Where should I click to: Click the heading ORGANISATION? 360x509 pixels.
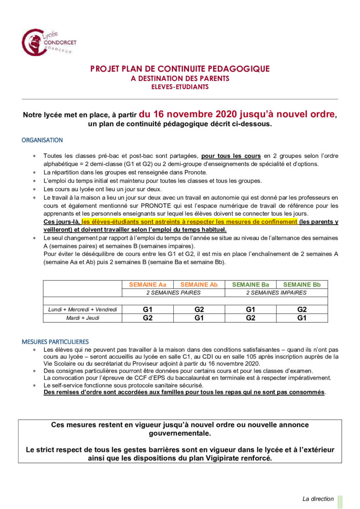coord(42,140)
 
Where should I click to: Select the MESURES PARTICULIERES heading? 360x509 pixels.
coord(55,341)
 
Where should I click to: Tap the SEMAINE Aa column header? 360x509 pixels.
coord(148,284)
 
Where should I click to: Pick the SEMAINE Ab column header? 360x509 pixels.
coord(199,284)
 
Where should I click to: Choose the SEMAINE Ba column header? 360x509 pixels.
coord(250,284)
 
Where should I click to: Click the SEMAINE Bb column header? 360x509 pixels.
coord(302,284)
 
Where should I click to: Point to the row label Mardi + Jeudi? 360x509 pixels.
coord(82,318)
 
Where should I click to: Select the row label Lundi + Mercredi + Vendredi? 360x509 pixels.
coord(82,309)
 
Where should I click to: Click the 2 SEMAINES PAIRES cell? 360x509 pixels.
coord(173,292)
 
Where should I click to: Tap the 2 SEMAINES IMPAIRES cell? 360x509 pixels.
coord(276,292)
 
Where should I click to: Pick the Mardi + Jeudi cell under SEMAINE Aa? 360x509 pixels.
coord(148,318)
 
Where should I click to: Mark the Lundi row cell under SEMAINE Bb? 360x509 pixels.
coord(302,309)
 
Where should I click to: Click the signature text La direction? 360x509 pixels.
coord(318,499)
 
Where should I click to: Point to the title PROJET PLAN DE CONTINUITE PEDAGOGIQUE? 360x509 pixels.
coord(180,69)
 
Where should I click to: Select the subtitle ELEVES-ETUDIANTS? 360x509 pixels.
coord(180,87)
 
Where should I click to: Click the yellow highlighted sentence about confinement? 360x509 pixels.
coord(189,222)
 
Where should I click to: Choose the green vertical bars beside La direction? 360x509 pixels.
coord(340,501)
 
